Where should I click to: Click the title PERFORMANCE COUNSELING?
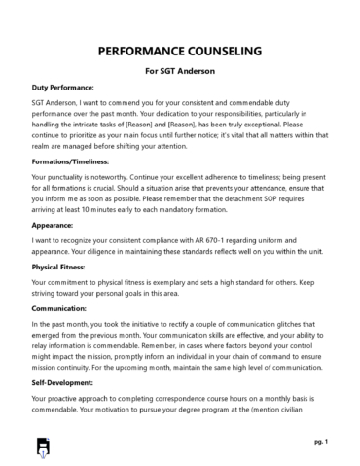(179, 50)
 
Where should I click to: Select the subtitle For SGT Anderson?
(179, 72)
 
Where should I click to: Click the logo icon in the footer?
(42, 447)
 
